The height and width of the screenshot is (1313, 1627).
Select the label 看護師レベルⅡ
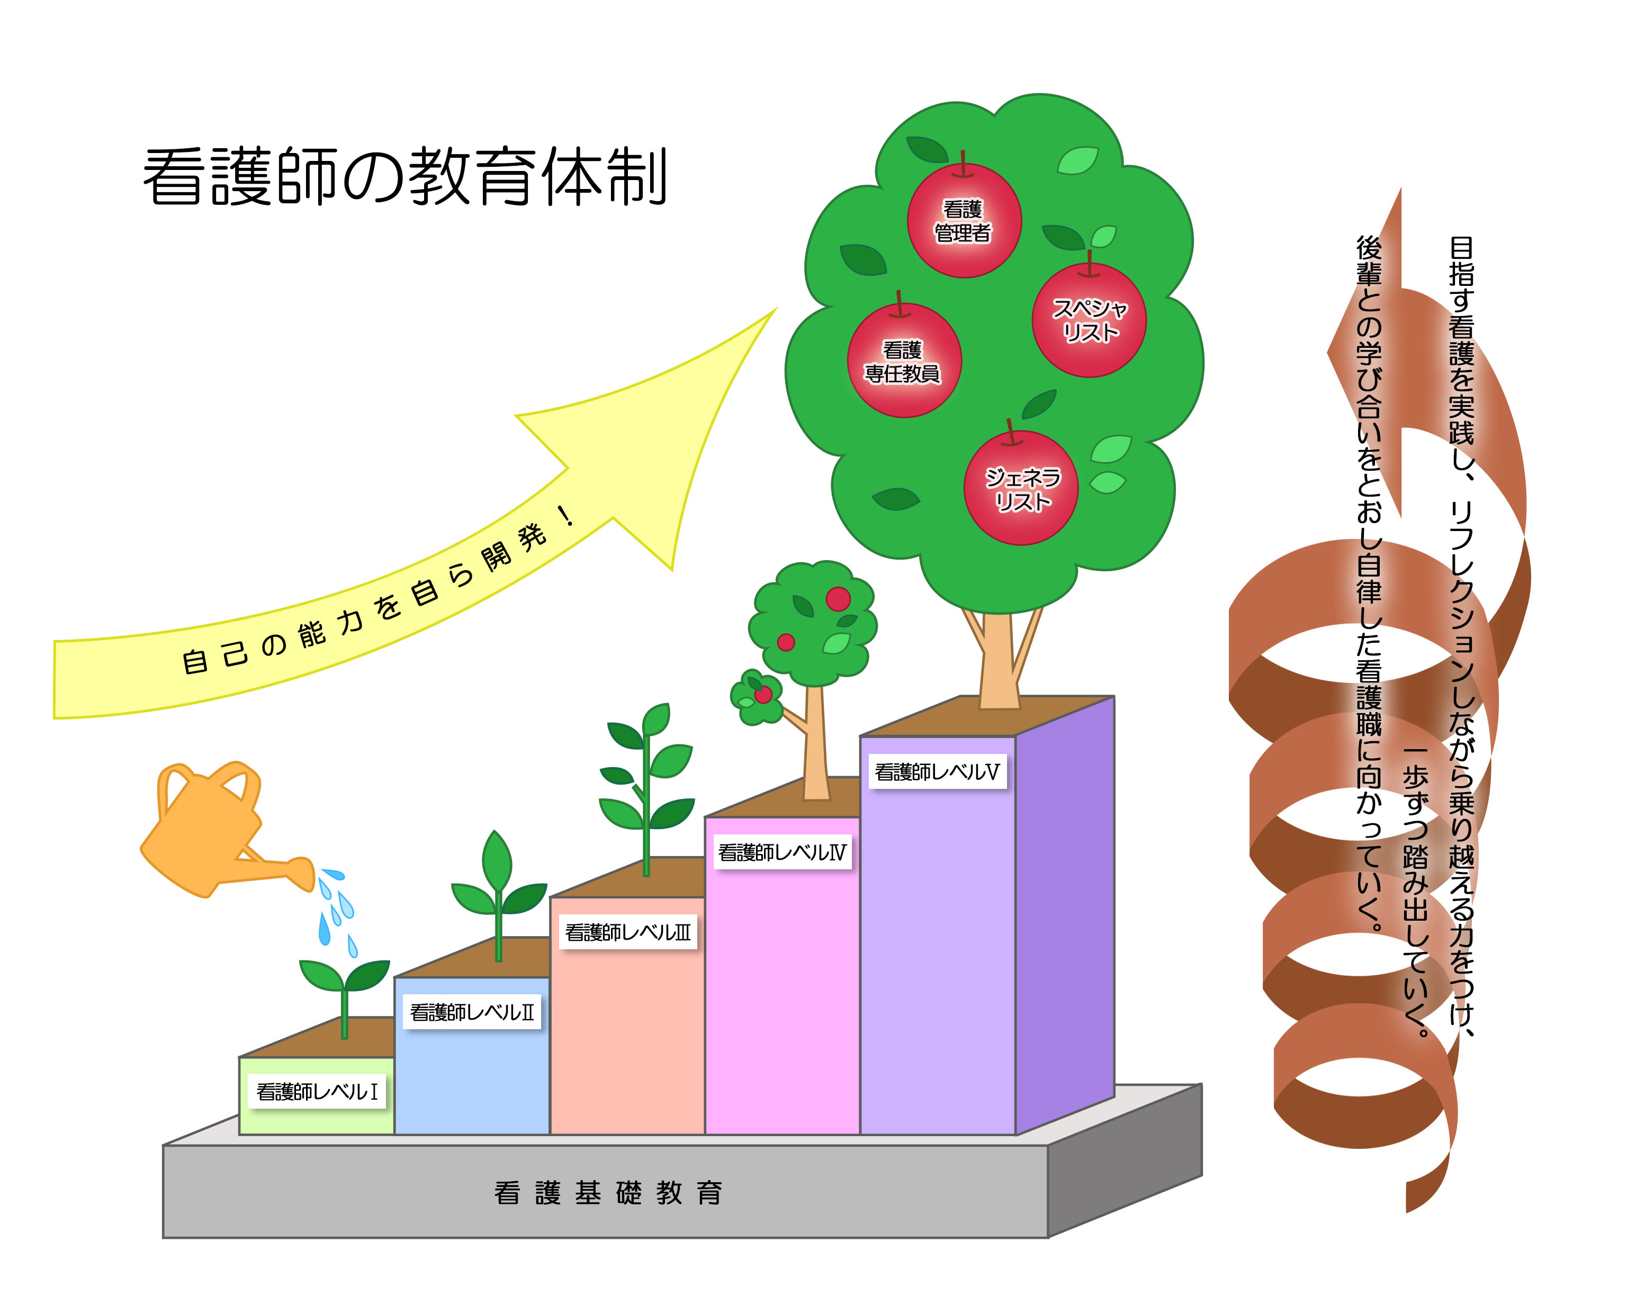pyautogui.click(x=472, y=1012)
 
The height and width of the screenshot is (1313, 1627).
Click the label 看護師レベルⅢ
pyautogui.click(x=628, y=932)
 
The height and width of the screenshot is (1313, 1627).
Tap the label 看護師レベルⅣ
pyautogui.click(x=782, y=852)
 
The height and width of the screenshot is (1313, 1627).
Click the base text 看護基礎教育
pyautogui.click(x=608, y=1193)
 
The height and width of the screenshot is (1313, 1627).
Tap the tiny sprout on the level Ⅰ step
pyautogui.click(x=344, y=991)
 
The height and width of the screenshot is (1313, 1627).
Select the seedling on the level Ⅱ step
pyautogui.click(x=498, y=893)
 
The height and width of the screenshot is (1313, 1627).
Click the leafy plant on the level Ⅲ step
pyautogui.click(x=646, y=787)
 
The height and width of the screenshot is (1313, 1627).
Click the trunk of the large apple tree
pyautogui.click(x=999, y=666)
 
